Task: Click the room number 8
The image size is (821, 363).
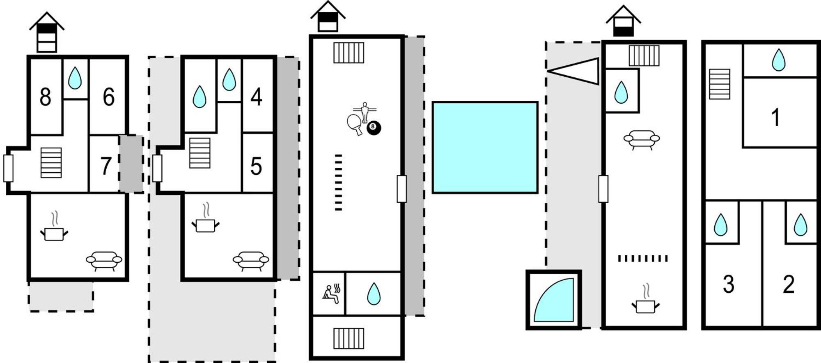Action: click(x=45, y=97)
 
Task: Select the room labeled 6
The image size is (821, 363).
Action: click(x=108, y=97)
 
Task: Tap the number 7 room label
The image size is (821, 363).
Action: click(x=106, y=166)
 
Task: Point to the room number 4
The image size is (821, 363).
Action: click(x=256, y=97)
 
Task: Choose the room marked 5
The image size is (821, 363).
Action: click(x=256, y=166)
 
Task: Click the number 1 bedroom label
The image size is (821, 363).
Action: click(x=775, y=118)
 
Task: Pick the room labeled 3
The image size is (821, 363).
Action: click(x=728, y=284)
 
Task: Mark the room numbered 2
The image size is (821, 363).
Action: click(x=789, y=284)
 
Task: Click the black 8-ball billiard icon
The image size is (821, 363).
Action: click(x=374, y=127)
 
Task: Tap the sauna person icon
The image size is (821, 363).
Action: click(x=331, y=294)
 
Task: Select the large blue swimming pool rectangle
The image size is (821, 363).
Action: click(x=485, y=147)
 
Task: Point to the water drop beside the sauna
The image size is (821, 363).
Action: click(x=373, y=294)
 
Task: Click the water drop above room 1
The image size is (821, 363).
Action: click(x=779, y=60)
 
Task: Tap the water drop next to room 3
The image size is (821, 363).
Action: click(x=720, y=225)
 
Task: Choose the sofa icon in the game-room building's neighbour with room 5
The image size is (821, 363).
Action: click(x=251, y=261)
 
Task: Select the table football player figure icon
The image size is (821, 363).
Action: click(x=365, y=112)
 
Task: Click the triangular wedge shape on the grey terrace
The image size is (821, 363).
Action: click(x=573, y=71)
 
